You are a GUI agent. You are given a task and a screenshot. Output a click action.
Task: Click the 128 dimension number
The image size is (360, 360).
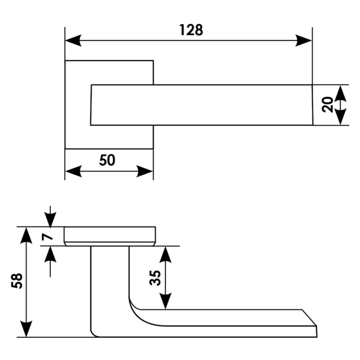pos(191,30)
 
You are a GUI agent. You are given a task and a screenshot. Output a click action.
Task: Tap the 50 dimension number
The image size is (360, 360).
pos(107,160)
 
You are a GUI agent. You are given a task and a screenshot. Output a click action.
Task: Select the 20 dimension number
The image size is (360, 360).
pos(328,105)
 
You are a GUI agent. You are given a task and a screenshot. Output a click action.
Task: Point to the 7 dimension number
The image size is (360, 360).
pos(47,236)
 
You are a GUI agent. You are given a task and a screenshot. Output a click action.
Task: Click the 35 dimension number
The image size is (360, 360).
pos(155,278)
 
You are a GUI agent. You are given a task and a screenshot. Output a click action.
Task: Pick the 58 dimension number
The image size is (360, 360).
pos(17,281)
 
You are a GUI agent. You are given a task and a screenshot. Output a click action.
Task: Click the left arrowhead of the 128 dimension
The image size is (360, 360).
pos(73,40)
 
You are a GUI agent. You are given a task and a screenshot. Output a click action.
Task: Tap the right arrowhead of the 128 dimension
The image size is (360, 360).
pos(303,40)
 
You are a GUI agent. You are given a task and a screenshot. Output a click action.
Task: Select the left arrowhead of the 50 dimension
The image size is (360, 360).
pos(73,171)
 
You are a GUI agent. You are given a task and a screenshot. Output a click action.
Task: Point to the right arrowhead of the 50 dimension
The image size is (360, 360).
pos(144,171)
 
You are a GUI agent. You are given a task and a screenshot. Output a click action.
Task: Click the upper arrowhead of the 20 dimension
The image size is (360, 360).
pos(340,94)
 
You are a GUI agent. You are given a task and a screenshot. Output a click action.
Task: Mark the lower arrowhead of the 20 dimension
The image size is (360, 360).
pos(340,117)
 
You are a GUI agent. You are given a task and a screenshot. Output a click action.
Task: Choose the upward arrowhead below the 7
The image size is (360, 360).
pos(50,254)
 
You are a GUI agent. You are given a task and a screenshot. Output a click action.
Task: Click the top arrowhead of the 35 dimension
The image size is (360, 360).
pos(165,255)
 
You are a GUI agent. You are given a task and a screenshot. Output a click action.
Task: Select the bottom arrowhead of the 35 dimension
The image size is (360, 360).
pos(165,301)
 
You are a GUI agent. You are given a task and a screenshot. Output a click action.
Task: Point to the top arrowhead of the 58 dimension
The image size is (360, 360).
pos(26,235)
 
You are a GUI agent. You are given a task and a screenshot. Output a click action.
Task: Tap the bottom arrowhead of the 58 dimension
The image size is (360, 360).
pos(26,329)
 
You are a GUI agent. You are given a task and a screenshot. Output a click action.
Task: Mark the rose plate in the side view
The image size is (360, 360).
pos(110,236)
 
